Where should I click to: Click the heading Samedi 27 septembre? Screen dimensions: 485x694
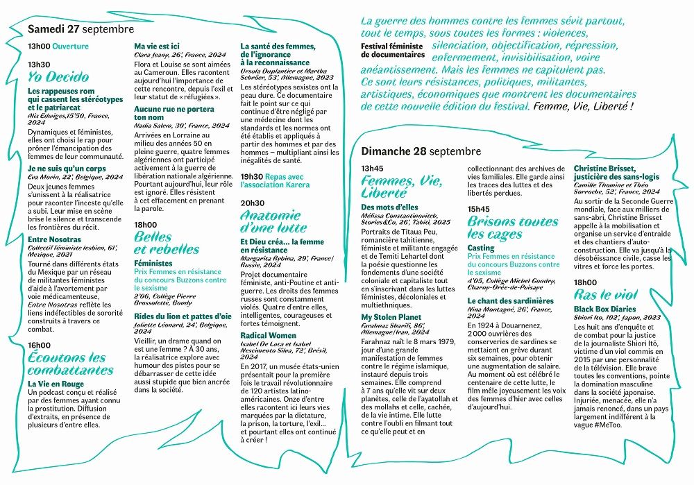point(81,30)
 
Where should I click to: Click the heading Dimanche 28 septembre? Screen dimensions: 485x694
point(421,151)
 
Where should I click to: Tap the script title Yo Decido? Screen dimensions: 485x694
point(58,76)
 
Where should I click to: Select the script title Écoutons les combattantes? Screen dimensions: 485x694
point(67,364)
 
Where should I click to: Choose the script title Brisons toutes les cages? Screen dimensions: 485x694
point(512,228)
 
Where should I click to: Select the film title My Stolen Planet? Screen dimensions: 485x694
point(391,316)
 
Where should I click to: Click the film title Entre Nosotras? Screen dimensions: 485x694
point(55,240)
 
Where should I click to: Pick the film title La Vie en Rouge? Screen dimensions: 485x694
point(56,384)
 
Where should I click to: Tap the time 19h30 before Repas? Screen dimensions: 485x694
point(251,177)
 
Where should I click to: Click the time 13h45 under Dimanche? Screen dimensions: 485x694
point(372,168)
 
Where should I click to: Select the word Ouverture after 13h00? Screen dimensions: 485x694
point(71,46)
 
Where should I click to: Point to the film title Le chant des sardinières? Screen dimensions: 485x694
point(510,301)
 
